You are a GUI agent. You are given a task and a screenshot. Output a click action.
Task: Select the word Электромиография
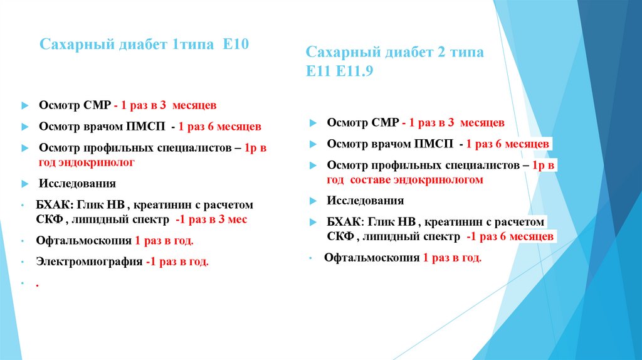coord(89,262)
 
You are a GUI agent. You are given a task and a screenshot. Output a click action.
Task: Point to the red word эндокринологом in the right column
coord(438,180)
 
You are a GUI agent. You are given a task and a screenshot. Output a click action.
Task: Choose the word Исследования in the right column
coord(365,201)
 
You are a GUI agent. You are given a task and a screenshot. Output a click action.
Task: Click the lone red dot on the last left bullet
coord(38,284)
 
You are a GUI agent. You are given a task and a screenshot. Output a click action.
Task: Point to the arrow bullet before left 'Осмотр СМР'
coord(24,106)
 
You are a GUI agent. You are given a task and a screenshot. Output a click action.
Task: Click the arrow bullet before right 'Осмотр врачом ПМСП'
coord(312,144)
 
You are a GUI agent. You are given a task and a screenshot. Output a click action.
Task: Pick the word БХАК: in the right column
coord(344,222)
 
